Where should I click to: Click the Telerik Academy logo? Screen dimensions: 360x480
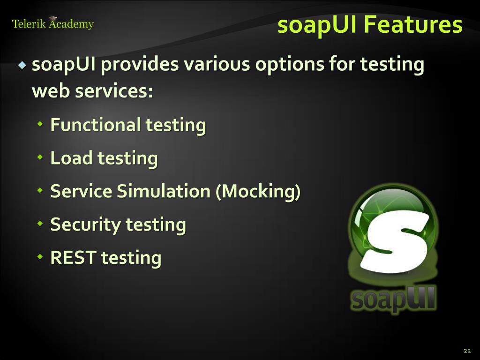(52, 23)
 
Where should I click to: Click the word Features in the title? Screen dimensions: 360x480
(413, 25)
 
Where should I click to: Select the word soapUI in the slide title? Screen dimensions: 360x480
(317, 25)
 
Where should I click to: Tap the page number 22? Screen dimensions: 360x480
(467, 351)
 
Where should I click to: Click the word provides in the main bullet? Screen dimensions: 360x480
(140, 64)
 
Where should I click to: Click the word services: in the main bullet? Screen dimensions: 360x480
(114, 91)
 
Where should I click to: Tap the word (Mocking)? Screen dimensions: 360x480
(258, 191)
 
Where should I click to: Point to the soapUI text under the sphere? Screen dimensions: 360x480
(393, 298)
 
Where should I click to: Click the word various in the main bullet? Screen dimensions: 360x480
(216, 64)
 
